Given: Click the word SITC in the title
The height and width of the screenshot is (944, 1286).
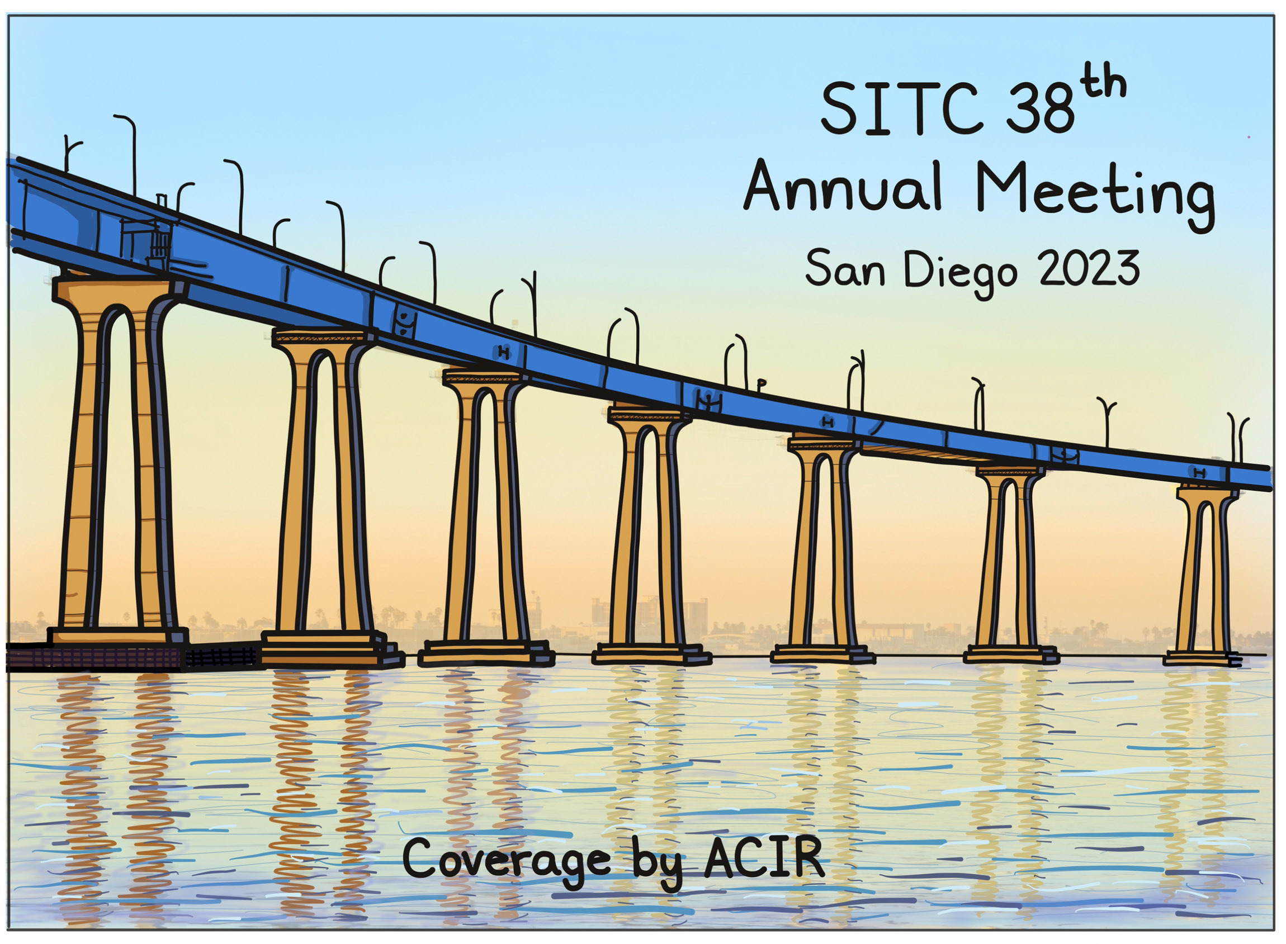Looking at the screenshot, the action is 901,108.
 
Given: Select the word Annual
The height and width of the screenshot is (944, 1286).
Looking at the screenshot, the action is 843,186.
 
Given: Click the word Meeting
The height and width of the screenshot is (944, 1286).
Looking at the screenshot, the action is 1095,195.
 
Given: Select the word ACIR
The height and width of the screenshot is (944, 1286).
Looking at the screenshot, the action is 764,856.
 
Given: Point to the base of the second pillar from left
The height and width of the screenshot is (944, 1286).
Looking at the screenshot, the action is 332,648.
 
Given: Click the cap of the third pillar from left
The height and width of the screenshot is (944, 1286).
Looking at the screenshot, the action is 484,377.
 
